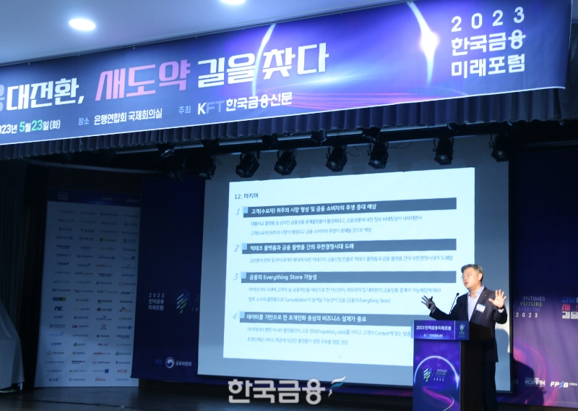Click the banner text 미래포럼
point(488,65)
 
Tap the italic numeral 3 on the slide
point(235,276)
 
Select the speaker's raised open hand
point(497,297)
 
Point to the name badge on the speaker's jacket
point(480,308)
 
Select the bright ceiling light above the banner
point(82,24)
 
